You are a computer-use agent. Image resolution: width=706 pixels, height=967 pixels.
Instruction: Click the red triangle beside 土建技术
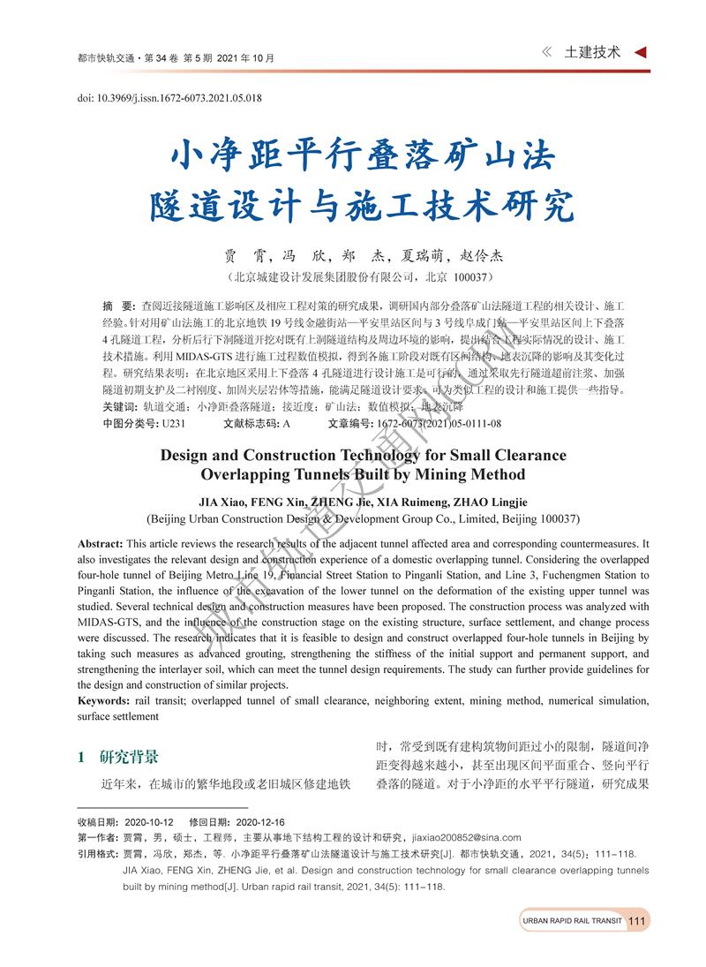coord(641,52)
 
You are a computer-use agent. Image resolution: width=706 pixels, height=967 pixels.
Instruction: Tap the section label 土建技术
coord(592,52)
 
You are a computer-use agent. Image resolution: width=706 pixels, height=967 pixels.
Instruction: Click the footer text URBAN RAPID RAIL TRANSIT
coord(572,921)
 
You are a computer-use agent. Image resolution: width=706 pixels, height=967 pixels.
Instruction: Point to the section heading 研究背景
coord(130,757)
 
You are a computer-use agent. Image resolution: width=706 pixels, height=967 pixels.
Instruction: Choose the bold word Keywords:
coord(104,701)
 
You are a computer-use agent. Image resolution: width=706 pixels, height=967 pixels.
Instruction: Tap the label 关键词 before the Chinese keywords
coord(118,407)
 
